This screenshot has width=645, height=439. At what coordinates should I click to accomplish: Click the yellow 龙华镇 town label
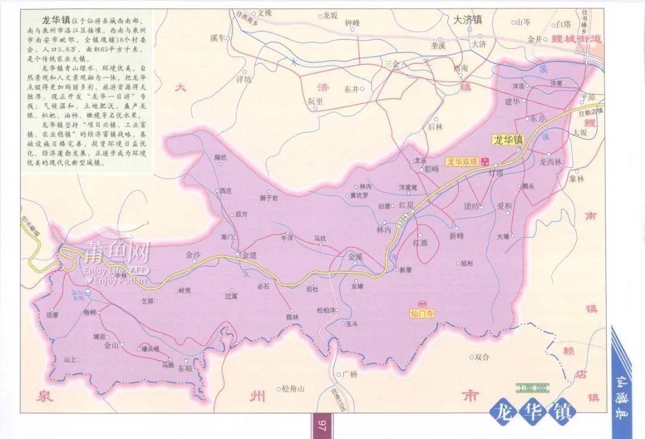[x=508, y=140]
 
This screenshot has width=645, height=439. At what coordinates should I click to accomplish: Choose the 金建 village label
[x=248, y=255]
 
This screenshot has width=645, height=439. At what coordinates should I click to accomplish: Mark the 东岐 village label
[x=185, y=369]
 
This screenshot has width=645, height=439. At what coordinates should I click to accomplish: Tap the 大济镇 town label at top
[x=468, y=19]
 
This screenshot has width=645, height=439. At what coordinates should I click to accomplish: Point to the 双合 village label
[x=482, y=357]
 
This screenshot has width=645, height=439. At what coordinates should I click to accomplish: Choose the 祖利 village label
[x=466, y=263]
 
